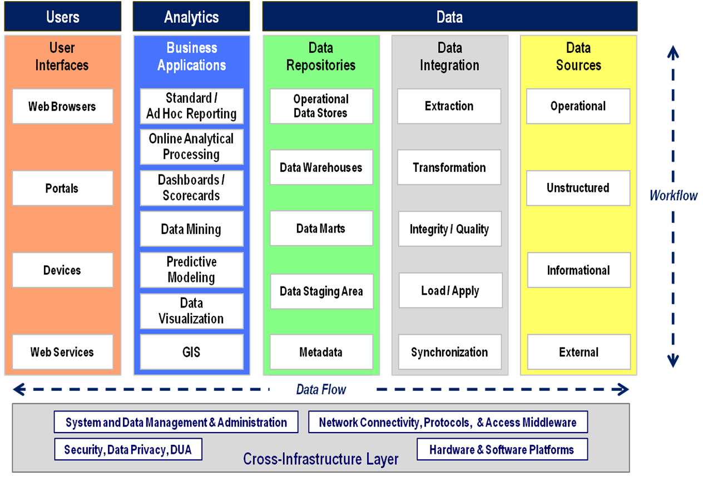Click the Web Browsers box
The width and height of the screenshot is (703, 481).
click(62, 106)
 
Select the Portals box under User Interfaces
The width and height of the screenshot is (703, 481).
click(62, 189)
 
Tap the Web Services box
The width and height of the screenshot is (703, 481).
click(62, 352)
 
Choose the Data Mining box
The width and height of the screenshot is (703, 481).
click(191, 229)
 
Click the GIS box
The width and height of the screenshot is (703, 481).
click(191, 352)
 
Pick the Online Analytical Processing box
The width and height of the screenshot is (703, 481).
click(191, 147)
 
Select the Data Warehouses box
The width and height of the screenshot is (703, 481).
click(321, 167)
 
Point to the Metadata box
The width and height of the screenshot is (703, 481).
click(321, 352)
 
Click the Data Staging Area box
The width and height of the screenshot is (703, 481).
click(321, 291)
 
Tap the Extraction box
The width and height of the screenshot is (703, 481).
click(449, 106)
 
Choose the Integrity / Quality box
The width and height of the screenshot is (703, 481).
click(450, 229)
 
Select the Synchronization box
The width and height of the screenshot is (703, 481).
click(450, 352)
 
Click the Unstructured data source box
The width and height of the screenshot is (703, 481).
click(578, 189)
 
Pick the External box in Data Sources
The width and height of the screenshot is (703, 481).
click(579, 352)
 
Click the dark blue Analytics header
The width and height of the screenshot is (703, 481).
click(191, 16)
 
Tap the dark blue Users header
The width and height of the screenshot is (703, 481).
click(63, 16)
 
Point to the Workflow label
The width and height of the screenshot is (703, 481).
click(673, 196)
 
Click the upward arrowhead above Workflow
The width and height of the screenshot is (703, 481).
click(673, 52)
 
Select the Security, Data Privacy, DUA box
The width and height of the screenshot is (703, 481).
click(128, 450)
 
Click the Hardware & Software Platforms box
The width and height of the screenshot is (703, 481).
click(502, 450)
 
